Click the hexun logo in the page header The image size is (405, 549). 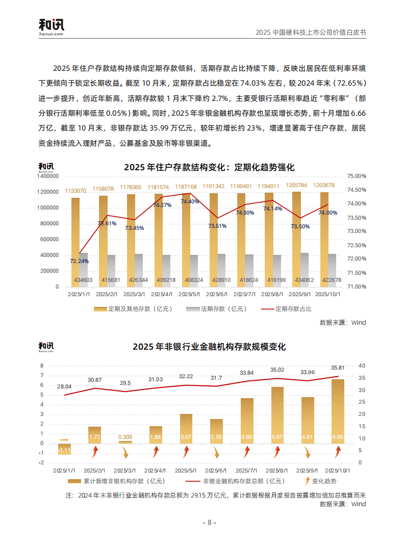(x=52, y=27)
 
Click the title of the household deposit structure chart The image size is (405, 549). (x=209, y=167)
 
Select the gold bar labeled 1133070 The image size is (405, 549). (x=75, y=240)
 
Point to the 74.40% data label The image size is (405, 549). (x=190, y=201)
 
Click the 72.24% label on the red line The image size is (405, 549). (x=79, y=261)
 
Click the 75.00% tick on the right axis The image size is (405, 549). (x=357, y=176)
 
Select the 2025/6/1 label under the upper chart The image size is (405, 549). (x=217, y=294)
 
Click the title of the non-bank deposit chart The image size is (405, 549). (x=209, y=347)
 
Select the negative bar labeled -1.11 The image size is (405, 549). (x=64, y=449)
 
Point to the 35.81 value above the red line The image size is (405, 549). (x=338, y=368)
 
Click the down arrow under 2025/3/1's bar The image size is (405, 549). (x=125, y=452)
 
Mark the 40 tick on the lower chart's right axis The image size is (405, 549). (x=362, y=365)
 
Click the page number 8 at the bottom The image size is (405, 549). (x=209, y=522)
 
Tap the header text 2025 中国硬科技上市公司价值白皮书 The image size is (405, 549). (x=311, y=32)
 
